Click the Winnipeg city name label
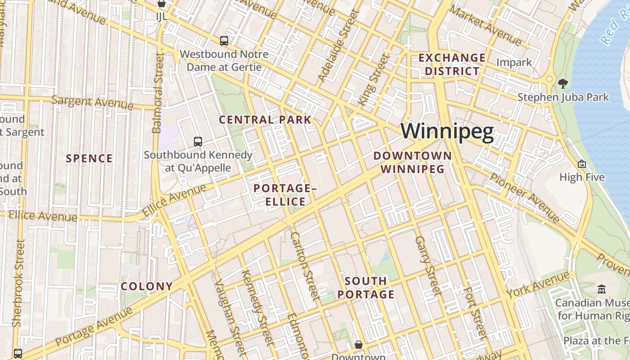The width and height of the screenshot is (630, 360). (x=447, y=132)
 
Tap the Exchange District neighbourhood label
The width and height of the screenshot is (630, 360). (x=452, y=64)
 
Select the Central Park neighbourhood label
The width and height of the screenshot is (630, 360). (x=265, y=120)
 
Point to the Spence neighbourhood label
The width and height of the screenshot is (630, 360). (x=89, y=158)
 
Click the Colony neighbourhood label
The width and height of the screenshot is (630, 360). (x=147, y=286)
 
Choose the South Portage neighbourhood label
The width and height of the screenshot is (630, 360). (x=366, y=288)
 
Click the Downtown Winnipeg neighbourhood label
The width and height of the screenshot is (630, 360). (x=413, y=162)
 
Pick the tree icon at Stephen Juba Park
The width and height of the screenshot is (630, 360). (x=562, y=83)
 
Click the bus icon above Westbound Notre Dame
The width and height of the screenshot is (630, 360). (x=224, y=41)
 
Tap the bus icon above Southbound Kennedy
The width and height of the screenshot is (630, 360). (x=198, y=141)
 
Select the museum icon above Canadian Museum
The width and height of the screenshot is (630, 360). (x=601, y=289)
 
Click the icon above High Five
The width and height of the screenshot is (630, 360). (x=582, y=164)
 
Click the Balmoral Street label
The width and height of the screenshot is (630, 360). (x=157, y=93)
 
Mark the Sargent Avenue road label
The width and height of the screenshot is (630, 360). (x=92, y=102)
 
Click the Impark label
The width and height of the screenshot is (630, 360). (x=514, y=62)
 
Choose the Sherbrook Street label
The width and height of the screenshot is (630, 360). (x=18, y=283)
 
